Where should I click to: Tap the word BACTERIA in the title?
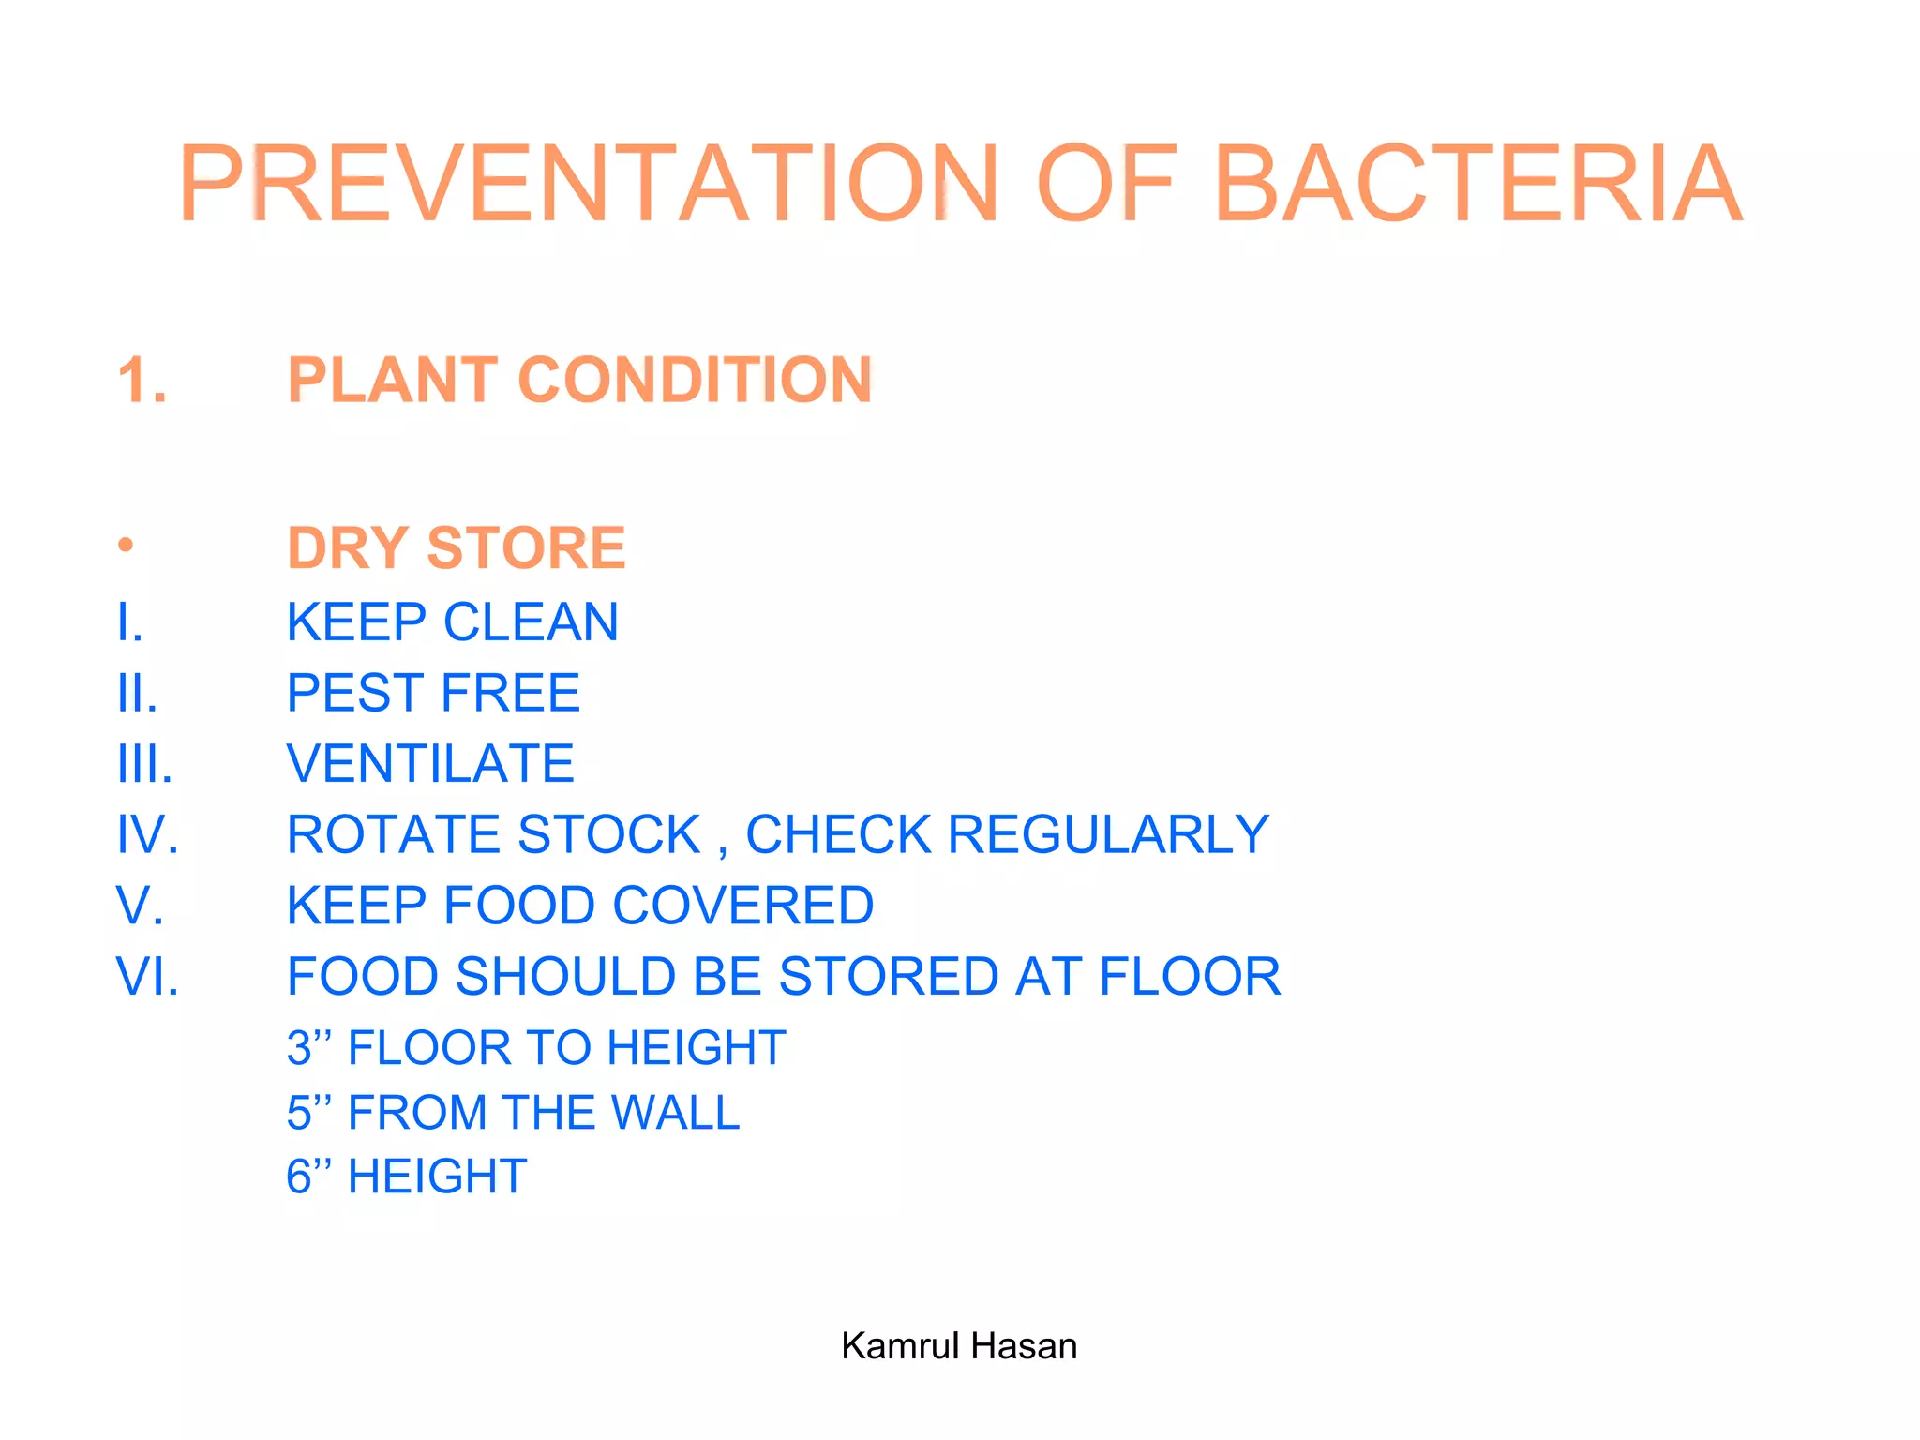pos(1478,184)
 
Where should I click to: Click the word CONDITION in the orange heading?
pos(695,381)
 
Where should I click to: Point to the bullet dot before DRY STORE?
pos(126,545)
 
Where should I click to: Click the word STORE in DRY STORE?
pos(526,548)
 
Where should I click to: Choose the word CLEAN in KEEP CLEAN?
pos(531,622)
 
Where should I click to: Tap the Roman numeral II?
pos(137,694)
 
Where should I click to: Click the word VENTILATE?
pos(430,764)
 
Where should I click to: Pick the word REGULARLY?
pos(1108,835)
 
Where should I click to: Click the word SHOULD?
pos(565,977)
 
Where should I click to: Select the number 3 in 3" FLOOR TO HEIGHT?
pos(299,1048)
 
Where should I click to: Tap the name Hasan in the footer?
pos(1024,1346)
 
